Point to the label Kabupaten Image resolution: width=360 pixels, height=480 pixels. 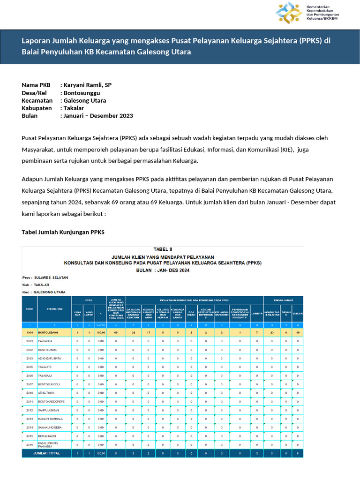point(37,108)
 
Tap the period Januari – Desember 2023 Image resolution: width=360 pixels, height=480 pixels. point(98,116)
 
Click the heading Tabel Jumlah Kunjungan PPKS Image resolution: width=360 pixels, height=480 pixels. point(63,232)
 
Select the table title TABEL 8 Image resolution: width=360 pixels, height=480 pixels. point(163,249)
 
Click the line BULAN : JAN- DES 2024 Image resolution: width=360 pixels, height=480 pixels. point(163,270)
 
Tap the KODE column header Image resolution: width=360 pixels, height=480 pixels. point(30,309)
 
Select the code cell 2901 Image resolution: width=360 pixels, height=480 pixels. point(30,341)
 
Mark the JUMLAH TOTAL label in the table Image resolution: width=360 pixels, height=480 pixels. point(50,453)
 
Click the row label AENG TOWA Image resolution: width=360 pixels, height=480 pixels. point(47,393)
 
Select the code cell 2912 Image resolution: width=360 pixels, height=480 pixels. point(30,410)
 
